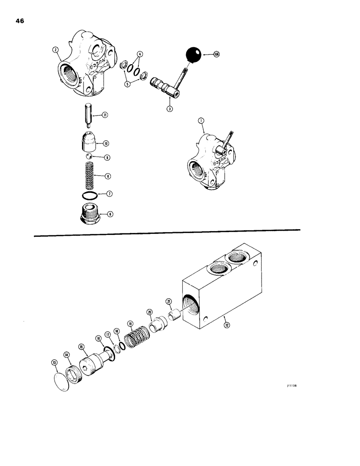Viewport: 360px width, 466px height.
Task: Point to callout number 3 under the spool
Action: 170,109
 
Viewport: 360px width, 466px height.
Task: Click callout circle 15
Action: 82,346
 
